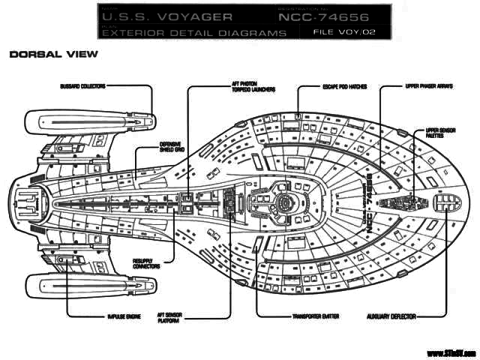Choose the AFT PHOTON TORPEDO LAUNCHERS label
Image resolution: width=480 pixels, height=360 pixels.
click(x=248, y=88)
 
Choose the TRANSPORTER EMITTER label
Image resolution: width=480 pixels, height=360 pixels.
click(x=313, y=316)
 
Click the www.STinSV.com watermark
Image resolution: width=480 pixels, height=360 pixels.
click(x=451, y=352)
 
